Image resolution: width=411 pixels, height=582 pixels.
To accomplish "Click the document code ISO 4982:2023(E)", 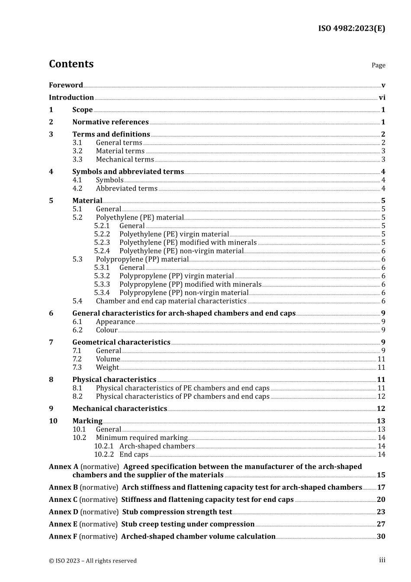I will click(351, 29).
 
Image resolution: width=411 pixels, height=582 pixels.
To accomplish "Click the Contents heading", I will click(71, 64).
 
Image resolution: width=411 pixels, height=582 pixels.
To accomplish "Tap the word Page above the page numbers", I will click(378, 65).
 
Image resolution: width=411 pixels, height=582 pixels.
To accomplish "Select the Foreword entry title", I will click(66, 85).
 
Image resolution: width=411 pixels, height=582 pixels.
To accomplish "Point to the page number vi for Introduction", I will click(382, 98).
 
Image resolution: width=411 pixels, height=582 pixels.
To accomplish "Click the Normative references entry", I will click(110, 122).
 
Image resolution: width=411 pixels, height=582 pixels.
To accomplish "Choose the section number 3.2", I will click(77, 151).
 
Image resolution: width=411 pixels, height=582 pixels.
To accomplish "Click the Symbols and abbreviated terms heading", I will click(128, 172).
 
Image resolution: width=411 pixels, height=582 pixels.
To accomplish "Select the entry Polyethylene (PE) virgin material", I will click(174, 234).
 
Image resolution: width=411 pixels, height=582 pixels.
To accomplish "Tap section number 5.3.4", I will click(102, 293).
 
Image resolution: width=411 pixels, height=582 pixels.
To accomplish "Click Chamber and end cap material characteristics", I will click(171, 301).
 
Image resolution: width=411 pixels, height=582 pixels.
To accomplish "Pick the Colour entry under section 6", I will click(106, 330).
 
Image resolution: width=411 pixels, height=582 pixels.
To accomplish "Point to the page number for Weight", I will click(381, 368).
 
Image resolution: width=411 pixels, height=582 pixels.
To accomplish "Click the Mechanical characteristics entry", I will click(119, 409).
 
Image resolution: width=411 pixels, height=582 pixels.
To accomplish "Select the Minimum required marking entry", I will click(141, 438).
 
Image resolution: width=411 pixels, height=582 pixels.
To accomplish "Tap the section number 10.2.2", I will click(104, 455).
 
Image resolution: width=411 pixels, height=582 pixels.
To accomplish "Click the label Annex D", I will click(64, 512).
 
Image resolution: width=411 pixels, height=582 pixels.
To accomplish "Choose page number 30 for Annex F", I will click(381, 537).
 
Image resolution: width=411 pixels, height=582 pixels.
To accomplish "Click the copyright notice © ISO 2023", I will click(93, 561).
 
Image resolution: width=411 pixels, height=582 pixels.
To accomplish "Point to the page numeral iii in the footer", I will click(382, 560).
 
